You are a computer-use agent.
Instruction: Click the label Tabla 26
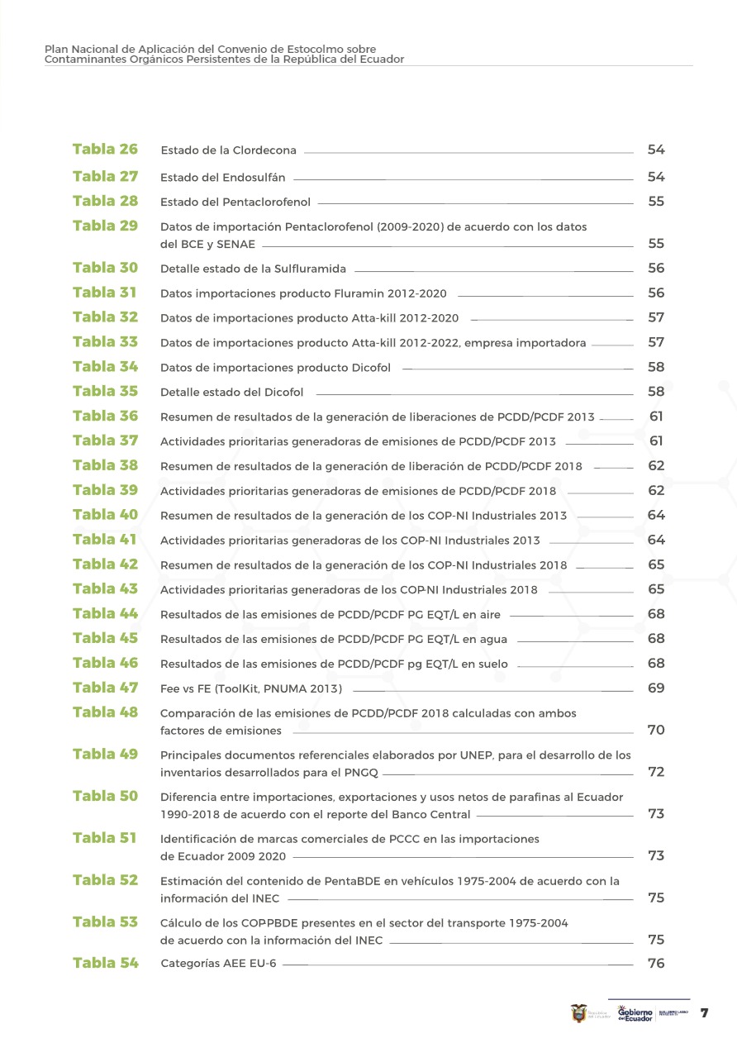pyautogui.click(x=105, y=150)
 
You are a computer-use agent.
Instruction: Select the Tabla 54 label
pyautogui.click(x=105, y=963)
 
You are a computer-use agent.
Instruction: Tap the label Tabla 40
pyautogui.click(x=105, y=515)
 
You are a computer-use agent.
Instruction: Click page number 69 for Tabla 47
pyautogui.click(x=656, y=688)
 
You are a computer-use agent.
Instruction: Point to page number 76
pyautogui.click(x=656, y=964)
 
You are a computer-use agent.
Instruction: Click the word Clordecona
pyautogui.click(x=264, y=151)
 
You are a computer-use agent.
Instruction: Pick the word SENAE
pyautogui.click(x=235, y=245)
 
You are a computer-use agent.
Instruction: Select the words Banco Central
pyautogui.click(x=430, y=815)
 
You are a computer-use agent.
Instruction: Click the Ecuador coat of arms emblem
pyautogui.click(x=579, y=1013)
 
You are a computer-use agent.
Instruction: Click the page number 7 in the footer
pyautogui.click(x=705, y=1013)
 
